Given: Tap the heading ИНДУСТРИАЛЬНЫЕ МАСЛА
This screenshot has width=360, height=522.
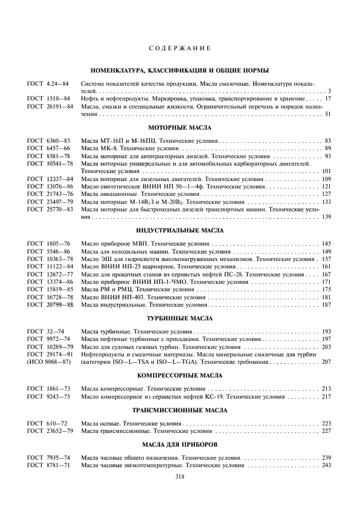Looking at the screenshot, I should coord(179,231).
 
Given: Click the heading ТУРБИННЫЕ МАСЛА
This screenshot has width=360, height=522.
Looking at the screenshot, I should coord(179,318).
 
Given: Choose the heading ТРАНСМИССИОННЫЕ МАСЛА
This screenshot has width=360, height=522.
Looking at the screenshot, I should coord(179,410).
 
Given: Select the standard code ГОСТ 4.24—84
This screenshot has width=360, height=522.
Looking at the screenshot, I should coord(48,84).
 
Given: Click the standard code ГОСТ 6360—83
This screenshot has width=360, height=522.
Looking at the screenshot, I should coord(48,140).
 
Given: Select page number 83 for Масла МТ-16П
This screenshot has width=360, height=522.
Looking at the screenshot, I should coord(327,140).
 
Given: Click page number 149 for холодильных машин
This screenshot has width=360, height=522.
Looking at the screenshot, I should coord(326,251).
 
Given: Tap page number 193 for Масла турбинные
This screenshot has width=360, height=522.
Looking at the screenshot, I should coord(326,331).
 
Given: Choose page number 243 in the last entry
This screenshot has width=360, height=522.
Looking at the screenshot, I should coord(326,465).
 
